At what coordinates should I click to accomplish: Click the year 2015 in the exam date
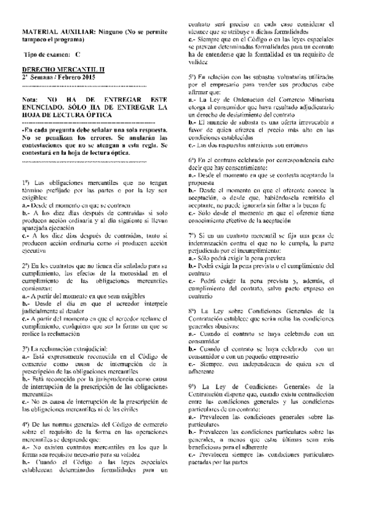(x=87, y=78)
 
